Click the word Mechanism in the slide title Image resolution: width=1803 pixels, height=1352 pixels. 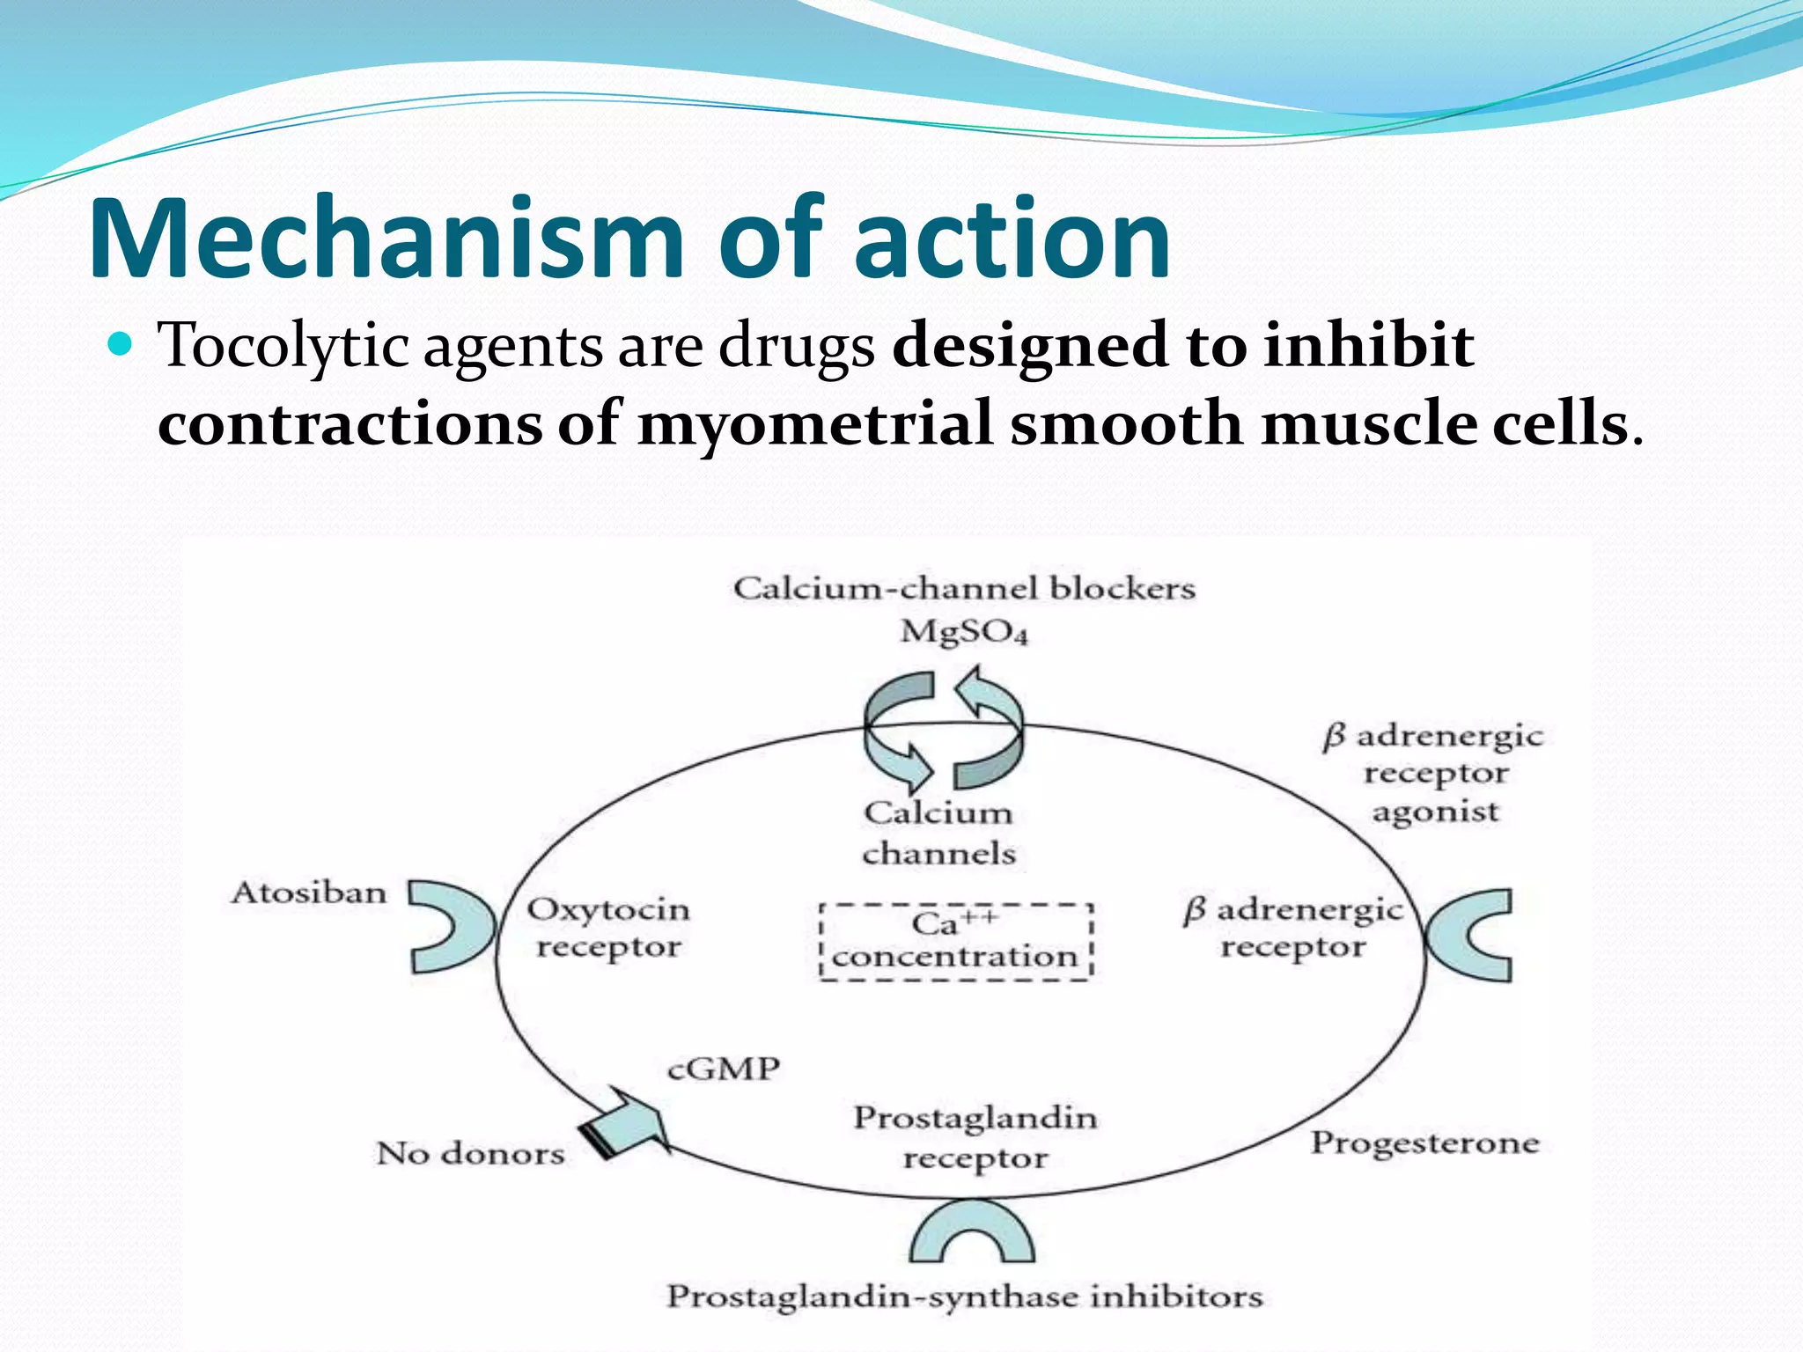tap(387, 239)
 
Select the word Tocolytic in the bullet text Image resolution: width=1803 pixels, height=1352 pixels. tap(282, 345)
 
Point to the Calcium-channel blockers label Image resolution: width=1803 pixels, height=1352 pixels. tap(964, 588)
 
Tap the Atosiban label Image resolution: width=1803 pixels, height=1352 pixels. tap(309, 893)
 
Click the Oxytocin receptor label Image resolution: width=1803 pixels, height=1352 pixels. tap(608, 928)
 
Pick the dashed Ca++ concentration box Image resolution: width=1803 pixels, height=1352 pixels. tap(955, 941)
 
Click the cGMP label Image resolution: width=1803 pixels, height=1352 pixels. tap(724, 1069)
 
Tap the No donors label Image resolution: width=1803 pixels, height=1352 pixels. tap(470, 1153)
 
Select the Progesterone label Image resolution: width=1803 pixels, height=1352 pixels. tap(1424, 1143)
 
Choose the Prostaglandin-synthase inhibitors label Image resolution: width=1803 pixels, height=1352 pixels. tap(964, 1296)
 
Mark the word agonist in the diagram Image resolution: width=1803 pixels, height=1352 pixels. tap(1435, 812)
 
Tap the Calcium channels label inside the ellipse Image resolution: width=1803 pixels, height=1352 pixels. tap(938, 833)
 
